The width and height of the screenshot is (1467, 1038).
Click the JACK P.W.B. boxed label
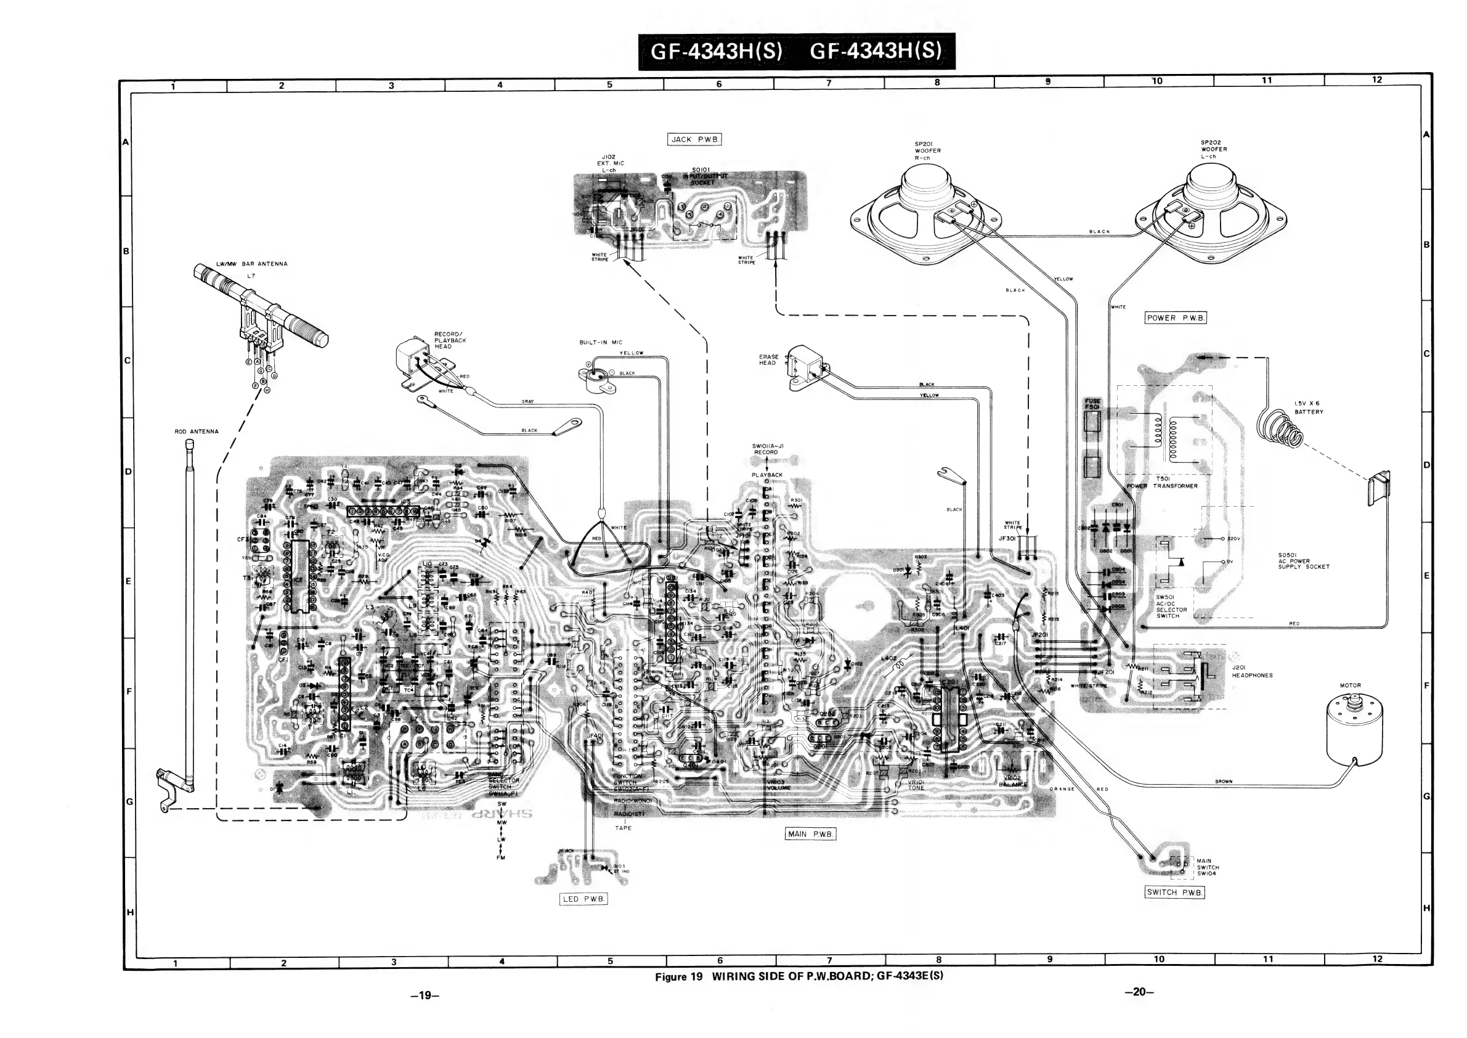[694, 139]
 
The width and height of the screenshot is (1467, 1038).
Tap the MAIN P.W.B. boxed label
[810, 834]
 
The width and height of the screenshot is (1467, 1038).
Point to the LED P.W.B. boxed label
[583, 899]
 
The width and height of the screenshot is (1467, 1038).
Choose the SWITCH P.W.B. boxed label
[1174, 893]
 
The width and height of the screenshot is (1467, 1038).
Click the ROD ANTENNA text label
[197, 431]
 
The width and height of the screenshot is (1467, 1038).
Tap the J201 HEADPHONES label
[1252, 671]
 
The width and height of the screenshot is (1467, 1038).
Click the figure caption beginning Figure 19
[799, 976]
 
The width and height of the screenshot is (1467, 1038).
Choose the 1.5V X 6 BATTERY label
[1309, 408]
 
